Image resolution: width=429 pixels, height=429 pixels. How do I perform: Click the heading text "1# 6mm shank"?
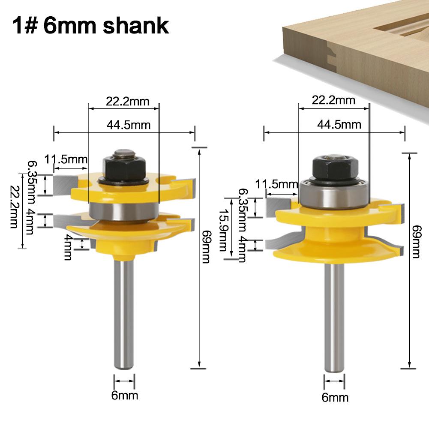pyautogui.click(x=90, y=25)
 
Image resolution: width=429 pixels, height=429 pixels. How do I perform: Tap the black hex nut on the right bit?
pyautogui.click(x=336, y=168)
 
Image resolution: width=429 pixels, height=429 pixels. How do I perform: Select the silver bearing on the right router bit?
pyautogui.click(x=334, y=194)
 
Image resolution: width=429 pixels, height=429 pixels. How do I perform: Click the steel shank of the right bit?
pyautogui.click(x=334, y=318)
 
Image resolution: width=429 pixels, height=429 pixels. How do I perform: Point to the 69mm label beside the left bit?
pyautogui.click(x=206, y=247)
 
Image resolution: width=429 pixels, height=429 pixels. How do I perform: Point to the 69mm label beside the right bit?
pyautogui.click(x=416, y=242)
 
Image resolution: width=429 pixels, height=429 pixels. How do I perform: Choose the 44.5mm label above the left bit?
pyautogui.click(x=128, y=125)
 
